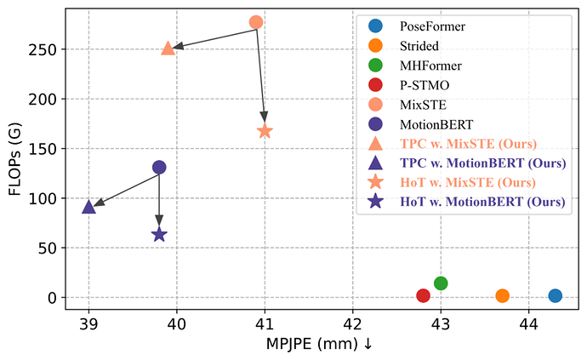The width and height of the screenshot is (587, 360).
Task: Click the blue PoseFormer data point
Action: point(556,295)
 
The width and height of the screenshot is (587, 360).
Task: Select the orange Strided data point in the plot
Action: point(503,295)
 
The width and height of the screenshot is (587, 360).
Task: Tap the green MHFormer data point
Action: point(441,283)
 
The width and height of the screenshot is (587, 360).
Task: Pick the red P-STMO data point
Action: point(423,295)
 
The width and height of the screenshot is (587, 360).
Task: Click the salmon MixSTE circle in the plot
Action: point(256,22)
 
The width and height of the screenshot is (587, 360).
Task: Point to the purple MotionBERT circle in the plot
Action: point(159,168)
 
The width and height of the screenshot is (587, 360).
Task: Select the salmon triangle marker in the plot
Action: point(168,49)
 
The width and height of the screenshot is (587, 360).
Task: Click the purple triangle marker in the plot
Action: point(88,207)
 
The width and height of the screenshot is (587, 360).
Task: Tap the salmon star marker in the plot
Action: point(265,131)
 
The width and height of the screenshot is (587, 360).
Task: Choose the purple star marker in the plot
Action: point(159,235)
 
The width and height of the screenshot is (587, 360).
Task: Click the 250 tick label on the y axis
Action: point(43,49)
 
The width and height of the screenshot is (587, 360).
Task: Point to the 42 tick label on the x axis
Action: point(353,323)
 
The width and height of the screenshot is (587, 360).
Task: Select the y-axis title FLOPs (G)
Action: point(15,160)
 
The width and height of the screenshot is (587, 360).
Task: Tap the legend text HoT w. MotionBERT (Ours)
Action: point(482,202)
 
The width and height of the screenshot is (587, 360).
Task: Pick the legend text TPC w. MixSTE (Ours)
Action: point(468,144)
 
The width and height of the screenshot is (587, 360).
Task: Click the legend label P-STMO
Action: point(425,85)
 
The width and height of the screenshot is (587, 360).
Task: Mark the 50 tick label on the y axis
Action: point(47,248)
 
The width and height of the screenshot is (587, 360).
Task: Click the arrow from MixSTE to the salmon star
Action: point(260,75)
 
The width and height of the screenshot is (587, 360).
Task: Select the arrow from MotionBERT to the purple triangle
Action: point(126,190)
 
